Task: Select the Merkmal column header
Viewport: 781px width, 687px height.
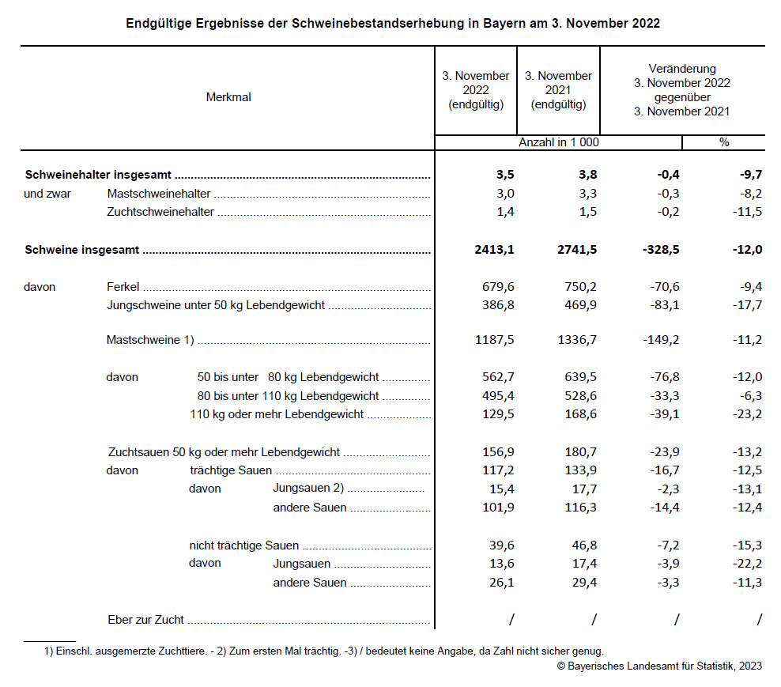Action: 228,97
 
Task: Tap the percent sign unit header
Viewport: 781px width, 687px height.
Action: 723,142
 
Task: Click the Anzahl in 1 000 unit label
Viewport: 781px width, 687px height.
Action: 558,142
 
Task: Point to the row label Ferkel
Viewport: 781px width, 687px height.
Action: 123,287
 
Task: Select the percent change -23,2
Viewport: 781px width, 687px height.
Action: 746,414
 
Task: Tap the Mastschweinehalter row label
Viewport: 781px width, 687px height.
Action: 158,194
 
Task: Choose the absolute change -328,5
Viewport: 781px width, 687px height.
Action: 660,250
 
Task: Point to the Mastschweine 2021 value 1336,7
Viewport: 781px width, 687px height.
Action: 578,340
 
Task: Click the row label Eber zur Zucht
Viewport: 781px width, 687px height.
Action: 145,620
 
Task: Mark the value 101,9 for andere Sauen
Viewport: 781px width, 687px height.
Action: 498,508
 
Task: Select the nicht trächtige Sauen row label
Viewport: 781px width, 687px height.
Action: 243,545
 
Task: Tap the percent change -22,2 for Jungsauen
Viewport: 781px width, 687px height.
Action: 746,564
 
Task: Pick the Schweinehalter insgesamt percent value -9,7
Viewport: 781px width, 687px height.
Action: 748,175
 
